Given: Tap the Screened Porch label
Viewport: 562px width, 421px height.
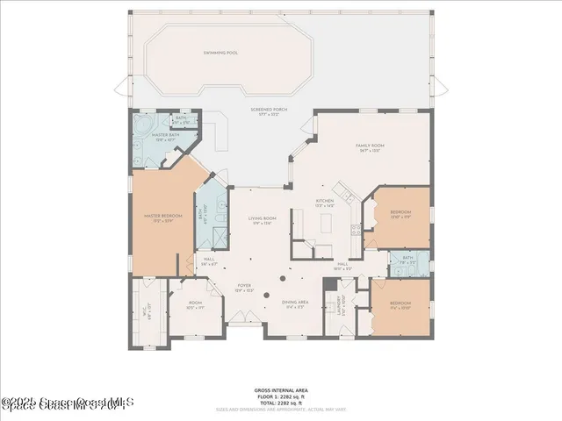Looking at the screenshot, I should point(270,110).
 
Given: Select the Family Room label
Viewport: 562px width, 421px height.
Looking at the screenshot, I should point(367,146).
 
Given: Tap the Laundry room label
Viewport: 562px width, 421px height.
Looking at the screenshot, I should point(340,305).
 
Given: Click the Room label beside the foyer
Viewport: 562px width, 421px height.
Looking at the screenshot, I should point(194,305).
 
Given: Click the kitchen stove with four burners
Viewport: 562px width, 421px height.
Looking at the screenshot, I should point(356,230).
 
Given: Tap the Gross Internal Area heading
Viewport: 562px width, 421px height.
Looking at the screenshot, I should point(280,389).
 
